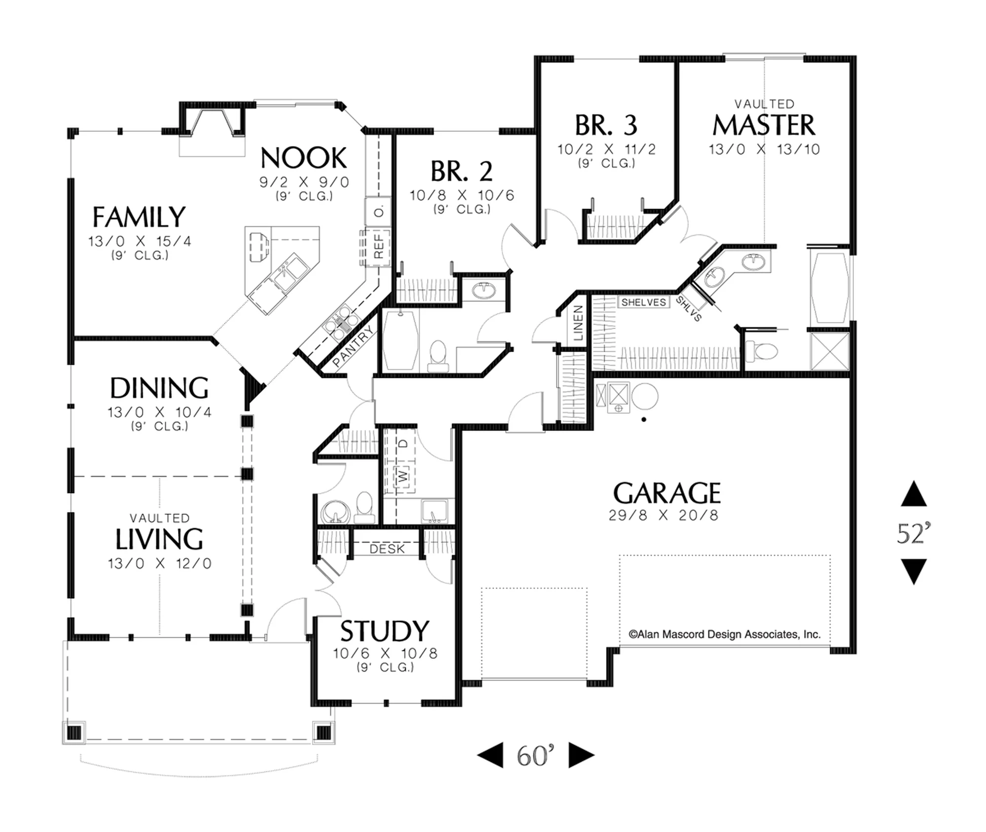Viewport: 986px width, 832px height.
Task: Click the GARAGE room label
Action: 667,493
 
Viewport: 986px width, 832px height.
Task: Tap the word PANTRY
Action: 353,346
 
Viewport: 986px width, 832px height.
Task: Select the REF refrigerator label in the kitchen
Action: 379,246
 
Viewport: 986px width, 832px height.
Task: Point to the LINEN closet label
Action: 578,323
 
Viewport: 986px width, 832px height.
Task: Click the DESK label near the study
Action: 387,549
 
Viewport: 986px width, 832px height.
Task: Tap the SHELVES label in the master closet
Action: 643,302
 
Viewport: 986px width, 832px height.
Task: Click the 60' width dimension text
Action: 535,755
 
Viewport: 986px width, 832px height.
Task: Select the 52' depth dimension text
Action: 914,533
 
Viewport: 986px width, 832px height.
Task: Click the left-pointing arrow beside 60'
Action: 490,755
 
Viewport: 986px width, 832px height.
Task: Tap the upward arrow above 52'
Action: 914,494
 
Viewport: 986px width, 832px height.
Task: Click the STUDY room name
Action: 385,631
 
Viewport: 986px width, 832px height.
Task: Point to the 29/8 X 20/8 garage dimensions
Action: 663,515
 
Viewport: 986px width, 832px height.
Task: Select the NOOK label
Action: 304,158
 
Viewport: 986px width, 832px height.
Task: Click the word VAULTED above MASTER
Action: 764,104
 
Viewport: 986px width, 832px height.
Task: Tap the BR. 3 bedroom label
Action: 606,125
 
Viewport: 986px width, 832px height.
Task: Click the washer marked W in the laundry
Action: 403,476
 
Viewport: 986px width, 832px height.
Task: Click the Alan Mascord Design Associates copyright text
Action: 724,634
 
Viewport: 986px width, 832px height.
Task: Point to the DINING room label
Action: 159,388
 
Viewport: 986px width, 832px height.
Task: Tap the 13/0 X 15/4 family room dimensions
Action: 140,241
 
